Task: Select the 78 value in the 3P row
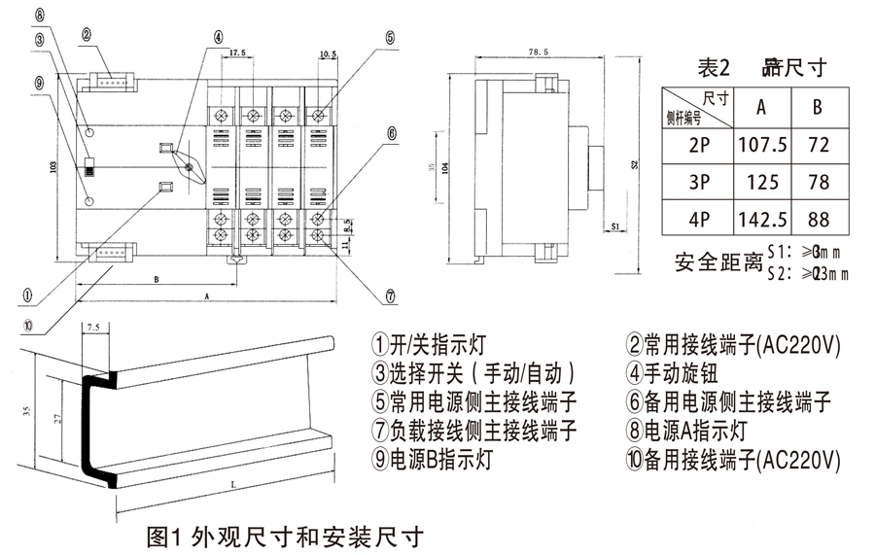pyautogui.click(x=818, y=182)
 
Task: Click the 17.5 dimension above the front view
pyautogui.click(x=238, y=52)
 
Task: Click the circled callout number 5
pyautogui.click(x=389, y=38)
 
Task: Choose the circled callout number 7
pyautogui.click(x=390, y=296)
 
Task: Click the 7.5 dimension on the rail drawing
pyautogui.click(x=93, y=329)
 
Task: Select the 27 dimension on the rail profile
pyautogui.click(x=58, y=419)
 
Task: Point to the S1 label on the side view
pyautogui.click(x=616, y=225)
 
